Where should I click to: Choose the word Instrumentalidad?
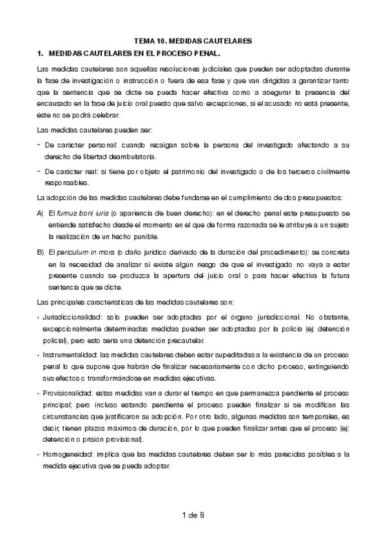(70, 355)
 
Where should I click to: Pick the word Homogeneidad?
(66, 453)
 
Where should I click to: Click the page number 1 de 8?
(193, 514)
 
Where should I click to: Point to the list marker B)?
(40, 248)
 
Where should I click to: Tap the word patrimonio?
(188, 171)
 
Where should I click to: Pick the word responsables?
(66, 183)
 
